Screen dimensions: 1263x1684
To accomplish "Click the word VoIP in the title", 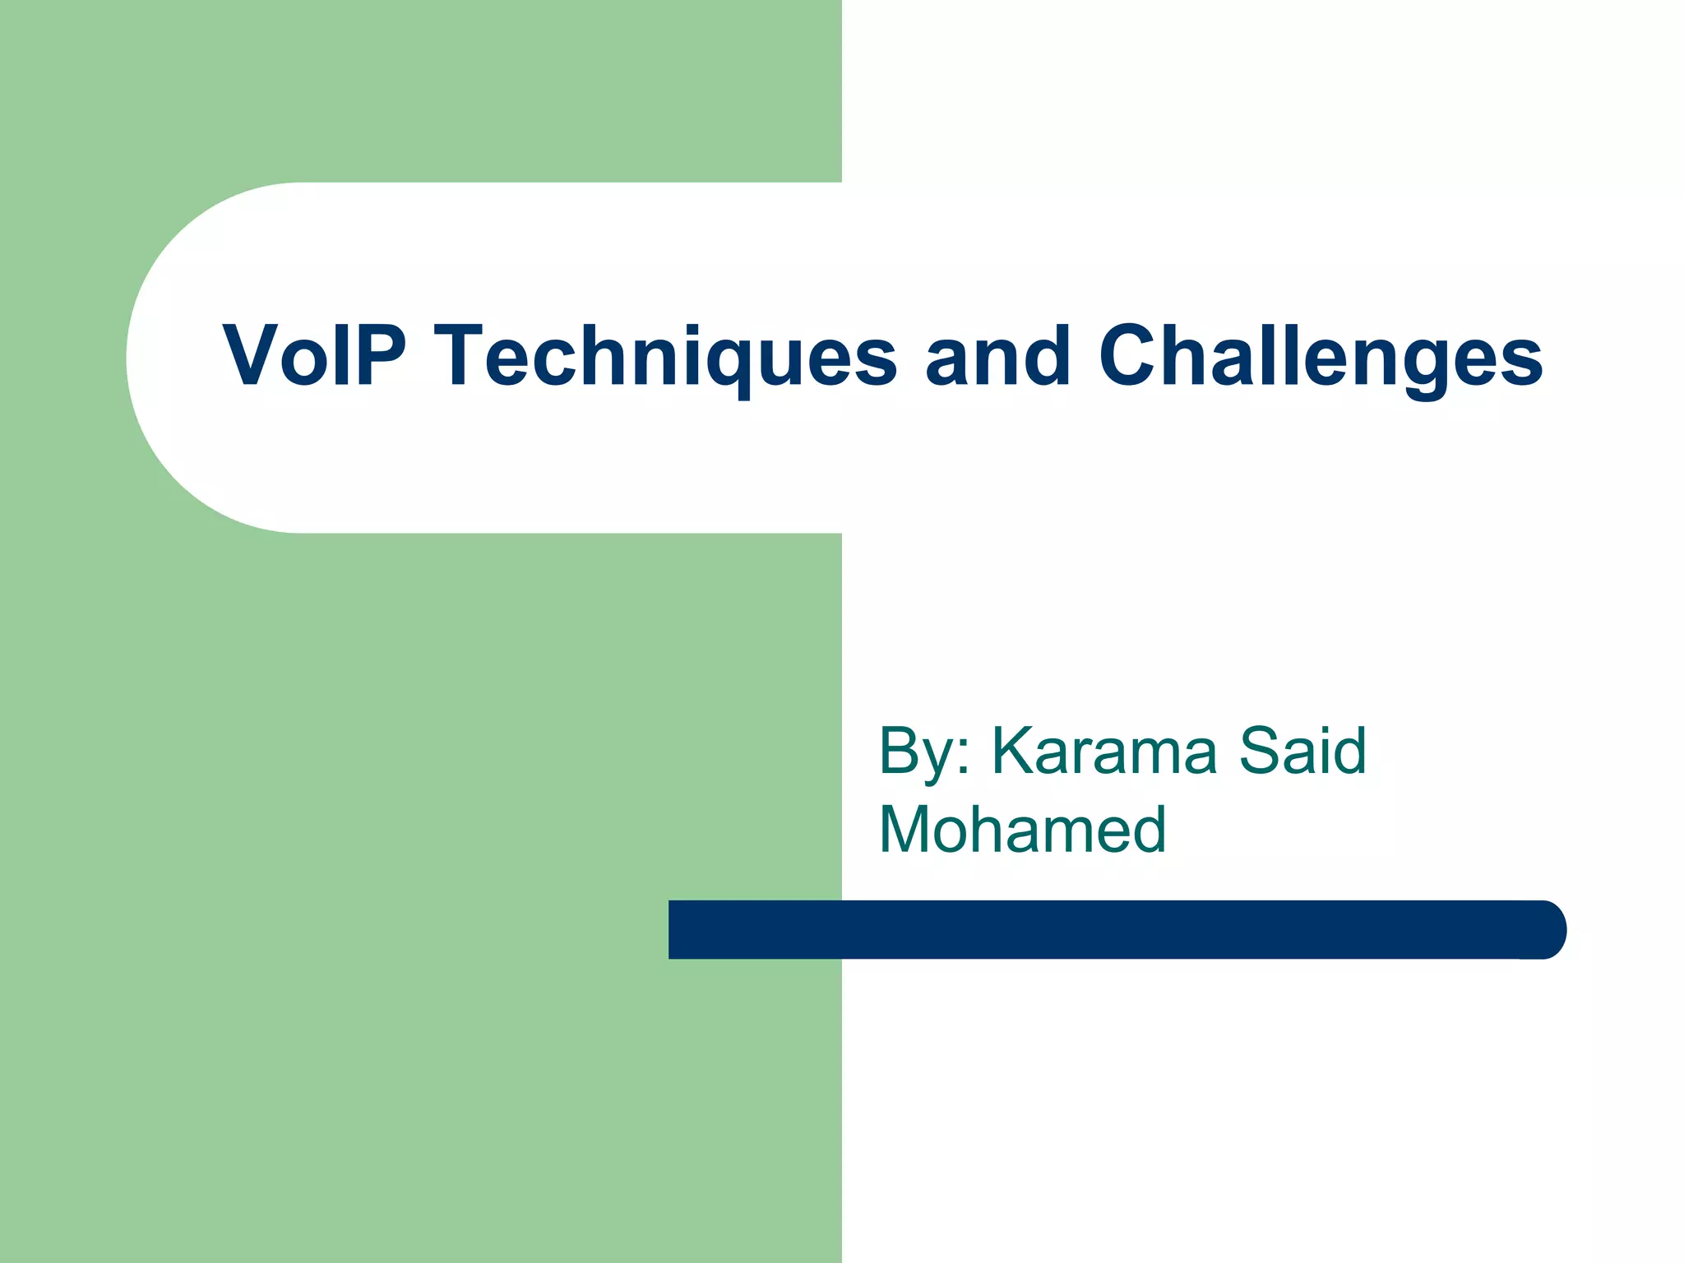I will point(314,355).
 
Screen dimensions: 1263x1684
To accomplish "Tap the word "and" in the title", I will point(998,355).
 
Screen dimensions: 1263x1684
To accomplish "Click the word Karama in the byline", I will point(1103,751).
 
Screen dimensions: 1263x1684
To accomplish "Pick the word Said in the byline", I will point(1302,751).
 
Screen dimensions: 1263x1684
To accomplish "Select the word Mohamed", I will point(1023,829).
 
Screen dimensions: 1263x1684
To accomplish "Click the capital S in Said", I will point(1261,751).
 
